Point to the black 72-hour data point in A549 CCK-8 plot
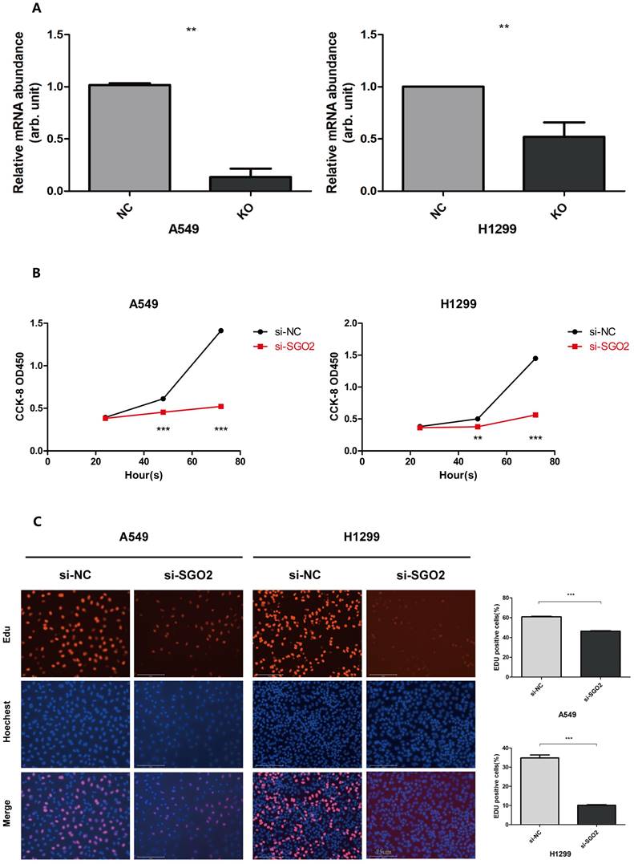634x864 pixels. (x=220, y=331)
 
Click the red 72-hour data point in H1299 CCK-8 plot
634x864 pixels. (x=535, y=415)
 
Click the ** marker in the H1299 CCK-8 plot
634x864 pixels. (x=477, y=439)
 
